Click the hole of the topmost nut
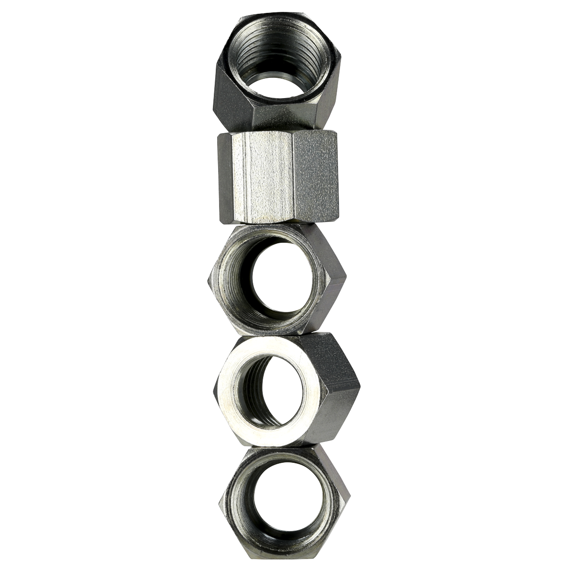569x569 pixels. click(277, 83)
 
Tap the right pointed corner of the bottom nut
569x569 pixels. click(350, 496)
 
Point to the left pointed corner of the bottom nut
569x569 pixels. click(220, 503)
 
